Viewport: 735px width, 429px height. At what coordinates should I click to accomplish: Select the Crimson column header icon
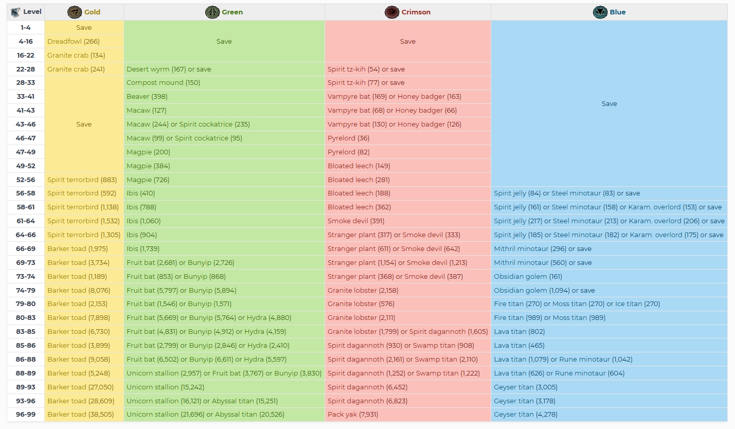click(392, 12)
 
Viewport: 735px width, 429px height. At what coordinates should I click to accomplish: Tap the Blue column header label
click(618, 12)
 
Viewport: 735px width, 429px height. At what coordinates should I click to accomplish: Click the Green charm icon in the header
click(212, 12)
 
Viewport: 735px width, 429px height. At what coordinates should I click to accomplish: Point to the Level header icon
click(15, 12)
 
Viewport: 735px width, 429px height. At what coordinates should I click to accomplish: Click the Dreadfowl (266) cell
click(74, 41)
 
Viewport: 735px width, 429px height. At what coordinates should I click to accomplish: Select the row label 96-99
click(26, 414)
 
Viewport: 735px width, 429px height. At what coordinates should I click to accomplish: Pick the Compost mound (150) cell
click(164, 83)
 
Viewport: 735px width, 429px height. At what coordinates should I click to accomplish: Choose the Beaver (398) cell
click(147, 97)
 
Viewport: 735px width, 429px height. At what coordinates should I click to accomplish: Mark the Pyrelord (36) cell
click(348, 138)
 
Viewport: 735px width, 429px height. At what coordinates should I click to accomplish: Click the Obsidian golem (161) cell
click(528, 276)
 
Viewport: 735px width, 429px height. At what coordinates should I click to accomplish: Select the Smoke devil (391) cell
click(356, 221)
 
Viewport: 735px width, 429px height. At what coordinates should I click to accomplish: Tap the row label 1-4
click(26, 28)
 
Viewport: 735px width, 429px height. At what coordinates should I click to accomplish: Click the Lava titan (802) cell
click(519, 331)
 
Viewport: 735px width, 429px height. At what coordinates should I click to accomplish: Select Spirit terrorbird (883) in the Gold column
click(82, 180)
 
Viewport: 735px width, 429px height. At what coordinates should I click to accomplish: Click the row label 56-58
click(26, 193)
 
